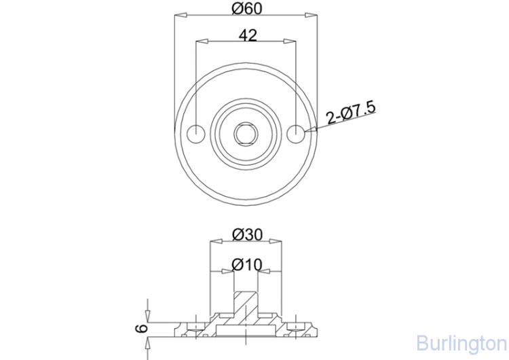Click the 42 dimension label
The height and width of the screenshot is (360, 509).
(x=248, y=36)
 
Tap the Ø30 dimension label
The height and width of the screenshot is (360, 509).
(x=246, y=234)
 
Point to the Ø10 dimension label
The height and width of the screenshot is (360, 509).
(x=246, y=264)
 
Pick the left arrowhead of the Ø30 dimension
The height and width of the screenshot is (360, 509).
(x=215, y=240)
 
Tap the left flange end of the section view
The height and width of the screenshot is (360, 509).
(x=178, y=329)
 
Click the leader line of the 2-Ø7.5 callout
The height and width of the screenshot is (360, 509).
(x=319, y=126)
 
